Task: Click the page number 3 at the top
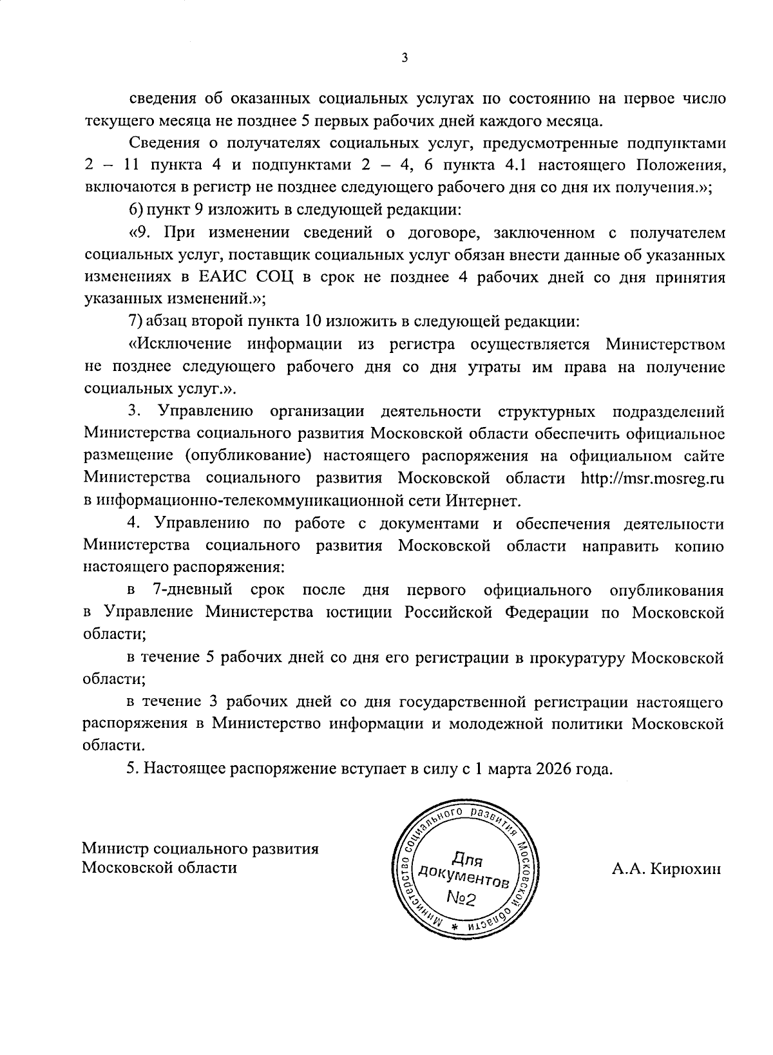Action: coord(404,58)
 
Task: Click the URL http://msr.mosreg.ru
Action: coord(653,478)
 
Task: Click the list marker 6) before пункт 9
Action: coord(135,210)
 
